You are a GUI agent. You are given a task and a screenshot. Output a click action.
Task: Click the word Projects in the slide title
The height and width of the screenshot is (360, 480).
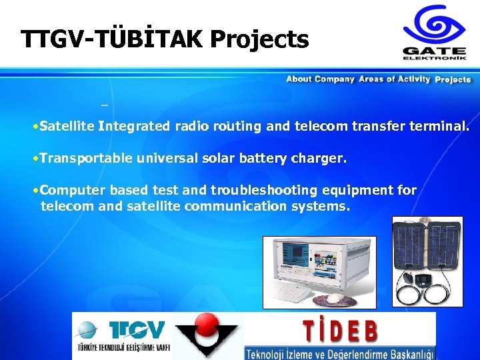pos(259,40)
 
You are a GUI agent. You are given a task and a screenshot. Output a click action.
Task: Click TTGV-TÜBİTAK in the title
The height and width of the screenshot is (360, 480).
pos(113,40)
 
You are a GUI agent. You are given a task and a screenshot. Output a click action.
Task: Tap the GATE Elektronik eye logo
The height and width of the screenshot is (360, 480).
pos(434,25)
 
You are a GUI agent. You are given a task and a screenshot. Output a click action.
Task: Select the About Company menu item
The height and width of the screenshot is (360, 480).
pos(320,79)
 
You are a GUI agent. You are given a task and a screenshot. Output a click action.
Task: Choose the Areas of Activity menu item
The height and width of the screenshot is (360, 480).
pos(395,79)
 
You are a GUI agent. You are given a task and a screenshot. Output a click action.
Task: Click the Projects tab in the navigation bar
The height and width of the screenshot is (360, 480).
pos(453,80)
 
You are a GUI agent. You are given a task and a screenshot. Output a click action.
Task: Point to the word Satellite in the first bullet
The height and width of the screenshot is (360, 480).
pos(67,126)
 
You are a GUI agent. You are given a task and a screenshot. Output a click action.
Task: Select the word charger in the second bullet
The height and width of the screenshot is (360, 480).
pos(321,159)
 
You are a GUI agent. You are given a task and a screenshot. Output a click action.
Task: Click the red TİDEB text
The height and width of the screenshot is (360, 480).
pos(340,330)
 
